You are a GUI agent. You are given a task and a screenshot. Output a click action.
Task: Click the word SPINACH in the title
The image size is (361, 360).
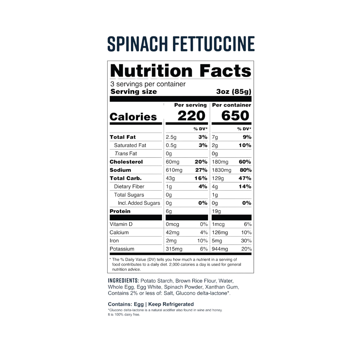coord(138,44)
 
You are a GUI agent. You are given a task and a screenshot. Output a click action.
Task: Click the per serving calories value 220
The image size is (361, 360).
coord(191,116)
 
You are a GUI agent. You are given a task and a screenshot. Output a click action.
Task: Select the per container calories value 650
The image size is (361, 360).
coord(235,116)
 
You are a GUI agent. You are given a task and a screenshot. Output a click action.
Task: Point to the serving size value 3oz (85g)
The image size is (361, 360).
coord(234,92)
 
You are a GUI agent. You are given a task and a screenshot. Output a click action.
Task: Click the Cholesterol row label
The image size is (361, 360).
coord(126,162)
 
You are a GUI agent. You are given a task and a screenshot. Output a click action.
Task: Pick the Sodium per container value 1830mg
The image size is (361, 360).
coord(222,170)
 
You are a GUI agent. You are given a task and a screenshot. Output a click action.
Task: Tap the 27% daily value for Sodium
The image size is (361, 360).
coord(201,170)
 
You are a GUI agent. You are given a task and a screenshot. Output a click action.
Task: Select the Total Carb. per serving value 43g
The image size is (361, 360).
coord(170,178)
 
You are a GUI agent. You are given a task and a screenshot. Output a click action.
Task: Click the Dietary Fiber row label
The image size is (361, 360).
coord(129,187)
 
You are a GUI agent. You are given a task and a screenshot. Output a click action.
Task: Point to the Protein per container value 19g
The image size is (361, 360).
coord(216,212)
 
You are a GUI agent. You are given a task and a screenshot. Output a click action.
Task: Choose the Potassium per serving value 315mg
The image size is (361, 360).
coord(174,249)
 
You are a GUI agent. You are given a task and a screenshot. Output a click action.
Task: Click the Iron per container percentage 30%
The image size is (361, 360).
coord(246,241)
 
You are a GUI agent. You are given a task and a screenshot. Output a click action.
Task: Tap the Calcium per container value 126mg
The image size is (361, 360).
coord(220,233)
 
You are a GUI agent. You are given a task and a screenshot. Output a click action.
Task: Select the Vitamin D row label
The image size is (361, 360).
coord(121,224)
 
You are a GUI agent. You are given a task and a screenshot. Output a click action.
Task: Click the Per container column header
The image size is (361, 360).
coord(232,105)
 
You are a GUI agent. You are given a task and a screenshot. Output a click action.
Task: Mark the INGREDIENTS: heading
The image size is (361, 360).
coord(123,281)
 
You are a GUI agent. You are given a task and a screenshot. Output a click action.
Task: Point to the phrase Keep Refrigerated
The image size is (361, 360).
coord(171,304)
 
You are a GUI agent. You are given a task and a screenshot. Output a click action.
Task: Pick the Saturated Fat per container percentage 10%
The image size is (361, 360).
coord(245,145)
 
